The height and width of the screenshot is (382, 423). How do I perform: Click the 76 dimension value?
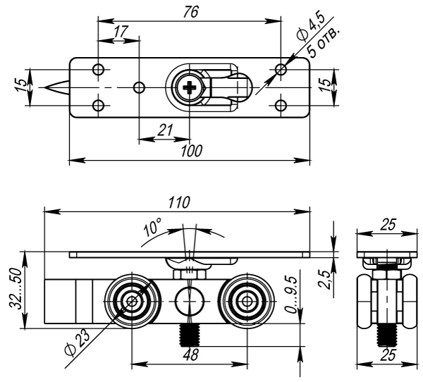(190, 13)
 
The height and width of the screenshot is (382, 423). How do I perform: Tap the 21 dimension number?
(165, 129)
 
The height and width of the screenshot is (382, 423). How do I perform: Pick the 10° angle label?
(152, 229)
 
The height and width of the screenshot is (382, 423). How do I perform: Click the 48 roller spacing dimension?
(189, 355)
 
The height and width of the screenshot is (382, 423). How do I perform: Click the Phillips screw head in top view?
(189, 88)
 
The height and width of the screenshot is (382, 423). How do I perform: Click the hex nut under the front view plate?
(189, 268)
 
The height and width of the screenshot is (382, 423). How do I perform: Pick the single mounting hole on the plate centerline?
(140, 87)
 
